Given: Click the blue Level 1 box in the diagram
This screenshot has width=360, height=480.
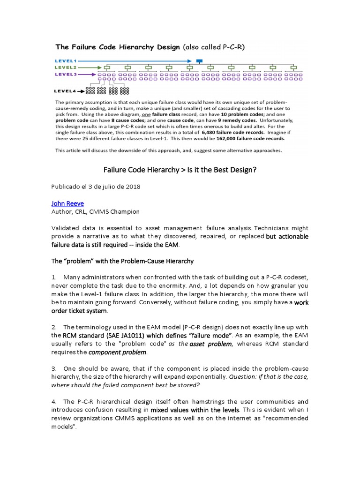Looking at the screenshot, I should pyautogui.click(x=199, y=61).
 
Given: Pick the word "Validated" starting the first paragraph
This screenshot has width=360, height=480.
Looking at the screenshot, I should pyautogui.click(x=66, y=228).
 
